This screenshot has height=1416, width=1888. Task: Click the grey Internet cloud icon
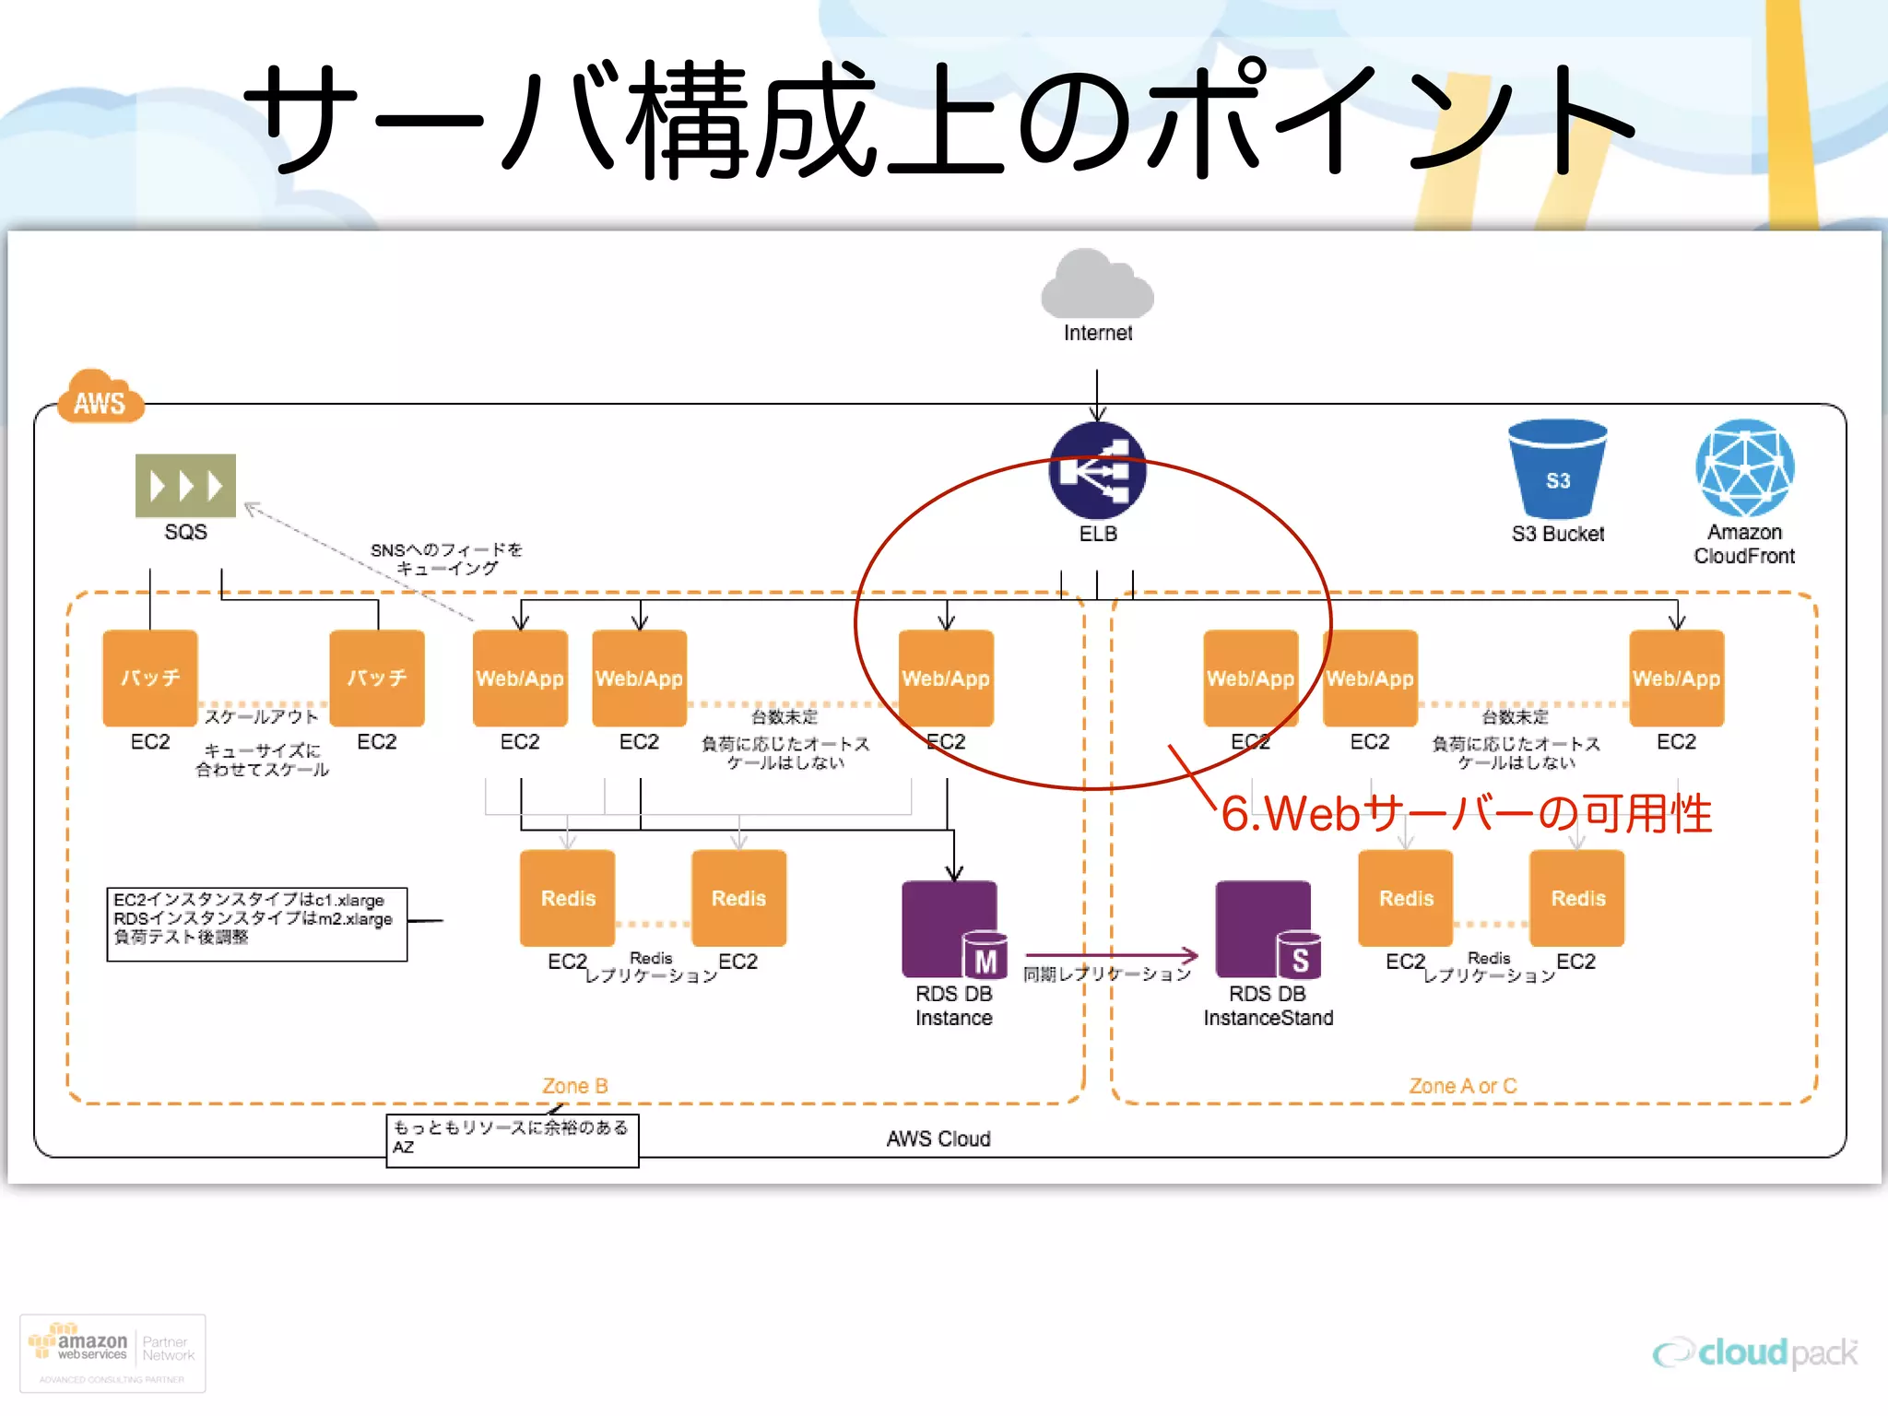[1097, 285]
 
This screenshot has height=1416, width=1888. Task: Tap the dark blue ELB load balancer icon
[1097, 470]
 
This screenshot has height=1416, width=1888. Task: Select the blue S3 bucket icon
[1557, 469]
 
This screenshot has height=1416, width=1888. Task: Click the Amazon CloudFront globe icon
[1744, 468]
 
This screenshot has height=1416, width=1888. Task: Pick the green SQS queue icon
[185, 485]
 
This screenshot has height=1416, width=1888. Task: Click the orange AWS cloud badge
[100, 398]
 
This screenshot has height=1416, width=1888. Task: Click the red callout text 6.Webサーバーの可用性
[1466, 814]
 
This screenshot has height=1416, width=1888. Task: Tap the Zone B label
[574, 1086]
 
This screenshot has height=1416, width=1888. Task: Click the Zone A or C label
[1462, 1086]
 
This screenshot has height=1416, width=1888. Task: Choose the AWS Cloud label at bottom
[938, 1139]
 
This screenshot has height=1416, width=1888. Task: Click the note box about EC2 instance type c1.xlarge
[256, 924]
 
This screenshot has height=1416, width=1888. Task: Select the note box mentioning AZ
[512, 1140]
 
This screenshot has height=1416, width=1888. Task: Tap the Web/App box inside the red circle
[946, 678]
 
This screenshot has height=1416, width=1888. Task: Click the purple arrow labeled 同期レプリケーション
[1110, 956]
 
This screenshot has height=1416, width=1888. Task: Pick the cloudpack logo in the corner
[1755, 1352]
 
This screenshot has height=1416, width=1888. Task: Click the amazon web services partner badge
[112, 1352]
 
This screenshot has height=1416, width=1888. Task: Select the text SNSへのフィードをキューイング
[447, 559]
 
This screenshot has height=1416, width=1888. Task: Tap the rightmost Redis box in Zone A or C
[1577, 898]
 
